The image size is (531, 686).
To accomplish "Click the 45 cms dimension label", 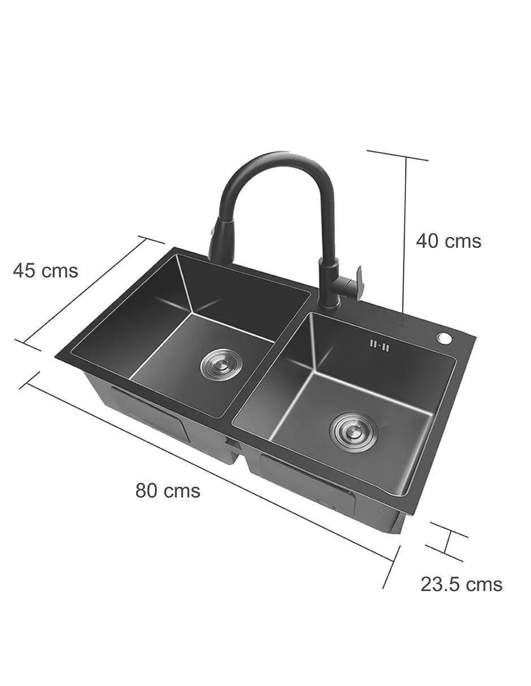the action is [x=45, y=270].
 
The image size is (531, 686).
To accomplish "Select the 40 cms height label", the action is [x=449, y=241].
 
